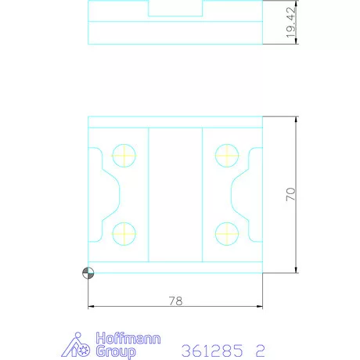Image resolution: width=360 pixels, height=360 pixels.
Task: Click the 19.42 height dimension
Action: click(290, 23)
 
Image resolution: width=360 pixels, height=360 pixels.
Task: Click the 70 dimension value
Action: click(290, 195)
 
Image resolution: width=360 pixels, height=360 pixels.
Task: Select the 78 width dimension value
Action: click(175, 300)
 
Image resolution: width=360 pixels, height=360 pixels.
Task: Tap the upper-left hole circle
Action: click(124, 154)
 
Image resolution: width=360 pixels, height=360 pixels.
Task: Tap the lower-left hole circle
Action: click(124, 232)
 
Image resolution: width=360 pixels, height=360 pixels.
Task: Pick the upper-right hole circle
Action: click(227, 154)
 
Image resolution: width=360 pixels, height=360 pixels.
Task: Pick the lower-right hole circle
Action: click(227, 232)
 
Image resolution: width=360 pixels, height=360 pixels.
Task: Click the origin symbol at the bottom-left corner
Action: click(88, 272)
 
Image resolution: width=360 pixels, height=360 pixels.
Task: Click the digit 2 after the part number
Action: click(261, 351)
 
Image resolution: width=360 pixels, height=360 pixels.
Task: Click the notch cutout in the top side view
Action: click(175, 9)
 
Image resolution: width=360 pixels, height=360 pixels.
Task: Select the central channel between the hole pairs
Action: click(175, 194)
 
